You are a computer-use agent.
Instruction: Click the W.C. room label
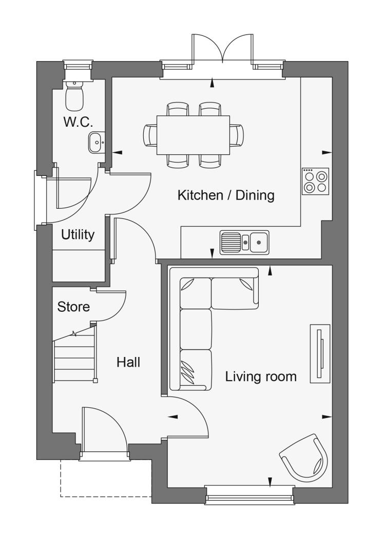pos(79,122)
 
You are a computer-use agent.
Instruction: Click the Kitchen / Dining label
pos(226,195)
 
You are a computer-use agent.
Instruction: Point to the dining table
pos(193,135)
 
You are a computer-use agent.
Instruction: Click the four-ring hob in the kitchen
pos(315,181)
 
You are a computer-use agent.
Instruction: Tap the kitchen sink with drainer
pos(244,242)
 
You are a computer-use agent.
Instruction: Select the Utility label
pos(78,235)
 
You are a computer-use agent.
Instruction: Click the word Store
pos(73,307)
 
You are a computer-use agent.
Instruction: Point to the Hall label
pos(128,362)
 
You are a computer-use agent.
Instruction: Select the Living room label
pos(261,376)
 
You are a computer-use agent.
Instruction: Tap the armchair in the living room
pos(304,457)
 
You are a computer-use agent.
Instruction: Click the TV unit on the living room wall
pos(320,353)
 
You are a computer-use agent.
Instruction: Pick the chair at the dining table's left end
pos(150,135)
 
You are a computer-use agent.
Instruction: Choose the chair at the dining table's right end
pos(237,135)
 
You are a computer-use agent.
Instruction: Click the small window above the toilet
pos(78,66)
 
